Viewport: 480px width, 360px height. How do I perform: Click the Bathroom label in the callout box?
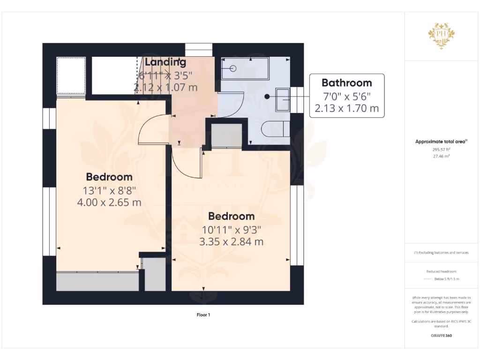(346, 83)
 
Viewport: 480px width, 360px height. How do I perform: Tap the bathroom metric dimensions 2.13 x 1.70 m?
(346, 109)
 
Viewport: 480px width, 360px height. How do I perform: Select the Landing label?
(165, 62)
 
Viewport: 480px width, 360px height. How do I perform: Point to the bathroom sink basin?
(283, 99)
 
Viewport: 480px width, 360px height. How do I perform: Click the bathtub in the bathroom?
(245, 68)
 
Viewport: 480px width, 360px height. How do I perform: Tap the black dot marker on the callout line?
(267, 97)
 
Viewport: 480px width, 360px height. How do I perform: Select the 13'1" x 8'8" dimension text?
(109, 191)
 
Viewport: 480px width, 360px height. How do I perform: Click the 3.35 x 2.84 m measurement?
(232, 242)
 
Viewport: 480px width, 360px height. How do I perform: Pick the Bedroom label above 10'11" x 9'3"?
(232, 216)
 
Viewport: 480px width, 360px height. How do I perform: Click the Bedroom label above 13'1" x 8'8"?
(109, 177)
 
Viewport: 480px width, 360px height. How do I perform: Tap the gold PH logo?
(441, 36)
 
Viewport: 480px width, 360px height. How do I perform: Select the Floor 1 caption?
(203, 315)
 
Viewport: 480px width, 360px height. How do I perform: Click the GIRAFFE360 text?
(441, 336)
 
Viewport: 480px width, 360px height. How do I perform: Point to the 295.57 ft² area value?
(441, 149)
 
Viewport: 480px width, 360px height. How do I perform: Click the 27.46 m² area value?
(441, 156)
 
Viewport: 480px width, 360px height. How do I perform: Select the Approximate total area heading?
(441, 142)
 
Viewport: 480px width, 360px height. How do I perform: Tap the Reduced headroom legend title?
(441, 271)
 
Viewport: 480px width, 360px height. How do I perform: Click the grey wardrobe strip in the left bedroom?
(97, 282)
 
